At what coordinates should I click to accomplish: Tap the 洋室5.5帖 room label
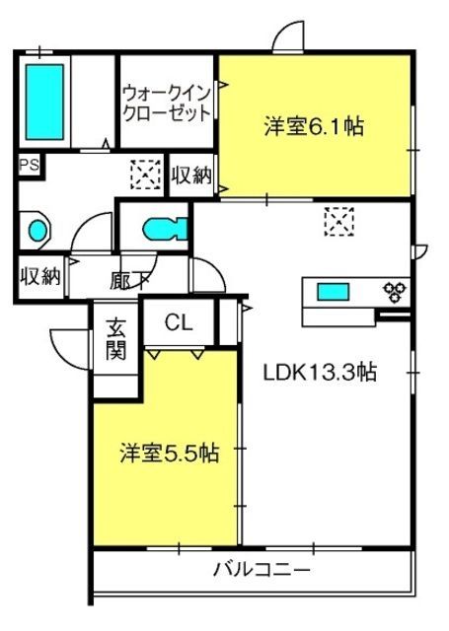point(169,454)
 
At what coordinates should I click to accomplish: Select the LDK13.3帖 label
point(320,373)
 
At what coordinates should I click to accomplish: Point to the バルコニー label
point(262,569)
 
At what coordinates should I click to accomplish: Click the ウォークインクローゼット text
point(167,103)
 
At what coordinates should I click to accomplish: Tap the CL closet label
point(179,321)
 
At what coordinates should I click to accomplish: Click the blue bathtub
point(44,103)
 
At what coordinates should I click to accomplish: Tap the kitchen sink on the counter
point(332,291)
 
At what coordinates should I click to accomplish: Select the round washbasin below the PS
point(37,231)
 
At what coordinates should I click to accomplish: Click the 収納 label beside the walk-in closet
point(190,176)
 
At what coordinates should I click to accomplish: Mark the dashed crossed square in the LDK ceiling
point(337,221)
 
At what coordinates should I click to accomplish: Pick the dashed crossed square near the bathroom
point(144,175)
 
